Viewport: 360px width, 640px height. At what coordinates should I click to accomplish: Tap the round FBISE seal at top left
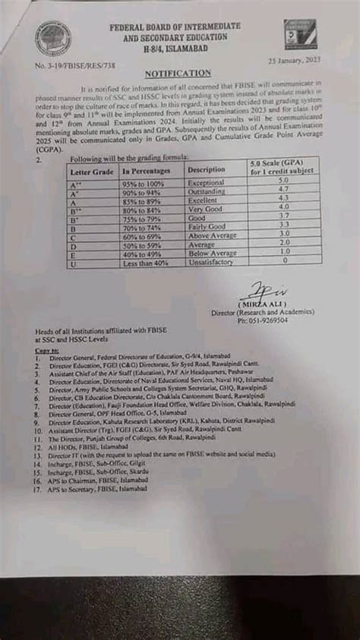[54, 39]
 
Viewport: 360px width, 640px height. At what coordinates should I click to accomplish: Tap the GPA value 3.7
[283, 216]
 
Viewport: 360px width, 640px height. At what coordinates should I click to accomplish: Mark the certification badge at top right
[302, 36]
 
